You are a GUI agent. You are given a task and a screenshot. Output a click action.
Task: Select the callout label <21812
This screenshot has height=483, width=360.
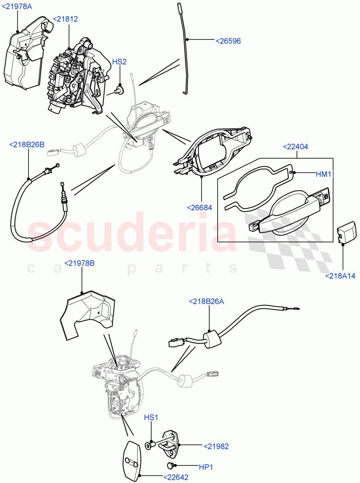tap(66, 19)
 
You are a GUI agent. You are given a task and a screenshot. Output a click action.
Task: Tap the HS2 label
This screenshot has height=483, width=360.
tap(119, 62)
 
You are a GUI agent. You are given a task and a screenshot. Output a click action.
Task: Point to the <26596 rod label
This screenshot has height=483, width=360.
tap(228, 41)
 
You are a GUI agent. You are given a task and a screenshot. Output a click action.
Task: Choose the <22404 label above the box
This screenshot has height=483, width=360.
tap(296, 147)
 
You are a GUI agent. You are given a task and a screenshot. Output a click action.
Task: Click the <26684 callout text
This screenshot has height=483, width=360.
tap(199, 208)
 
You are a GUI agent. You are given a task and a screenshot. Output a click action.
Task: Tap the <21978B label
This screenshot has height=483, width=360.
tap(79, 263)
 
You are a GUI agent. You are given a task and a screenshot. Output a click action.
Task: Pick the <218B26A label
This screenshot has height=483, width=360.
tap(207, 301)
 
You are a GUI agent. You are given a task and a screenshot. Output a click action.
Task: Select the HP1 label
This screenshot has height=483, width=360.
tap(206, 467)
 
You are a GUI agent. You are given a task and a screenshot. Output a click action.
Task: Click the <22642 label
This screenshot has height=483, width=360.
tap(176, 477)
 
